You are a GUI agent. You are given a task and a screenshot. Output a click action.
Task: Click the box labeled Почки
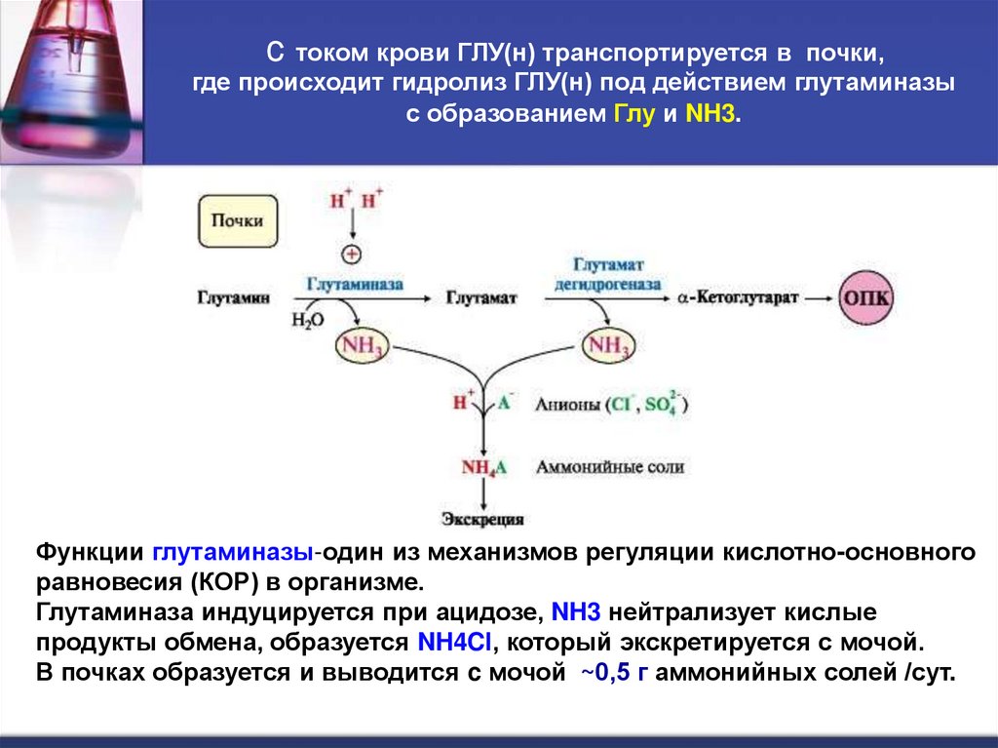pos(238,221)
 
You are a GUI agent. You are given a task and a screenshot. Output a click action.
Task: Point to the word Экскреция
pos(482,519)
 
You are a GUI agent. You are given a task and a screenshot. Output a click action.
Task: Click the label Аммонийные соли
pos(609,467)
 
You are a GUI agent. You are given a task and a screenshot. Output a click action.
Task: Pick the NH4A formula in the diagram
pos(484,467)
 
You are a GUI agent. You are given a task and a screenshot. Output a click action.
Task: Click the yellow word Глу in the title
pos(632,114)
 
